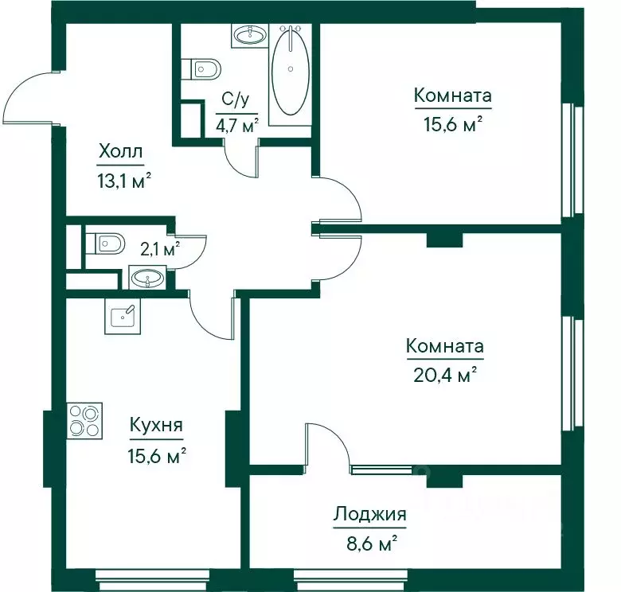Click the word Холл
click(120, 151)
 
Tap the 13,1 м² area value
click(124, 181)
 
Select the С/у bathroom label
click(236, 99)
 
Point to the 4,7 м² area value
click(236, 125)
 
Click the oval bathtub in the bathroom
click(291, 72)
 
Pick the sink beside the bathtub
click(250, 35)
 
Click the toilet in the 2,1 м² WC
click(105, 243)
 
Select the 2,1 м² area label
click(160, 249)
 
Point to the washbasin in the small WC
click(147, 278)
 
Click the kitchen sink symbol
click(123, 316)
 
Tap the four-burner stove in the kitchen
click(84, 420)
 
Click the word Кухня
click(156, 425)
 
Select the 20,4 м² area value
click(444, 374)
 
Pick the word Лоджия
click(369, 514)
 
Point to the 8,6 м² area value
click(372, 543)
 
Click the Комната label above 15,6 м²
click(453, 95)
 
